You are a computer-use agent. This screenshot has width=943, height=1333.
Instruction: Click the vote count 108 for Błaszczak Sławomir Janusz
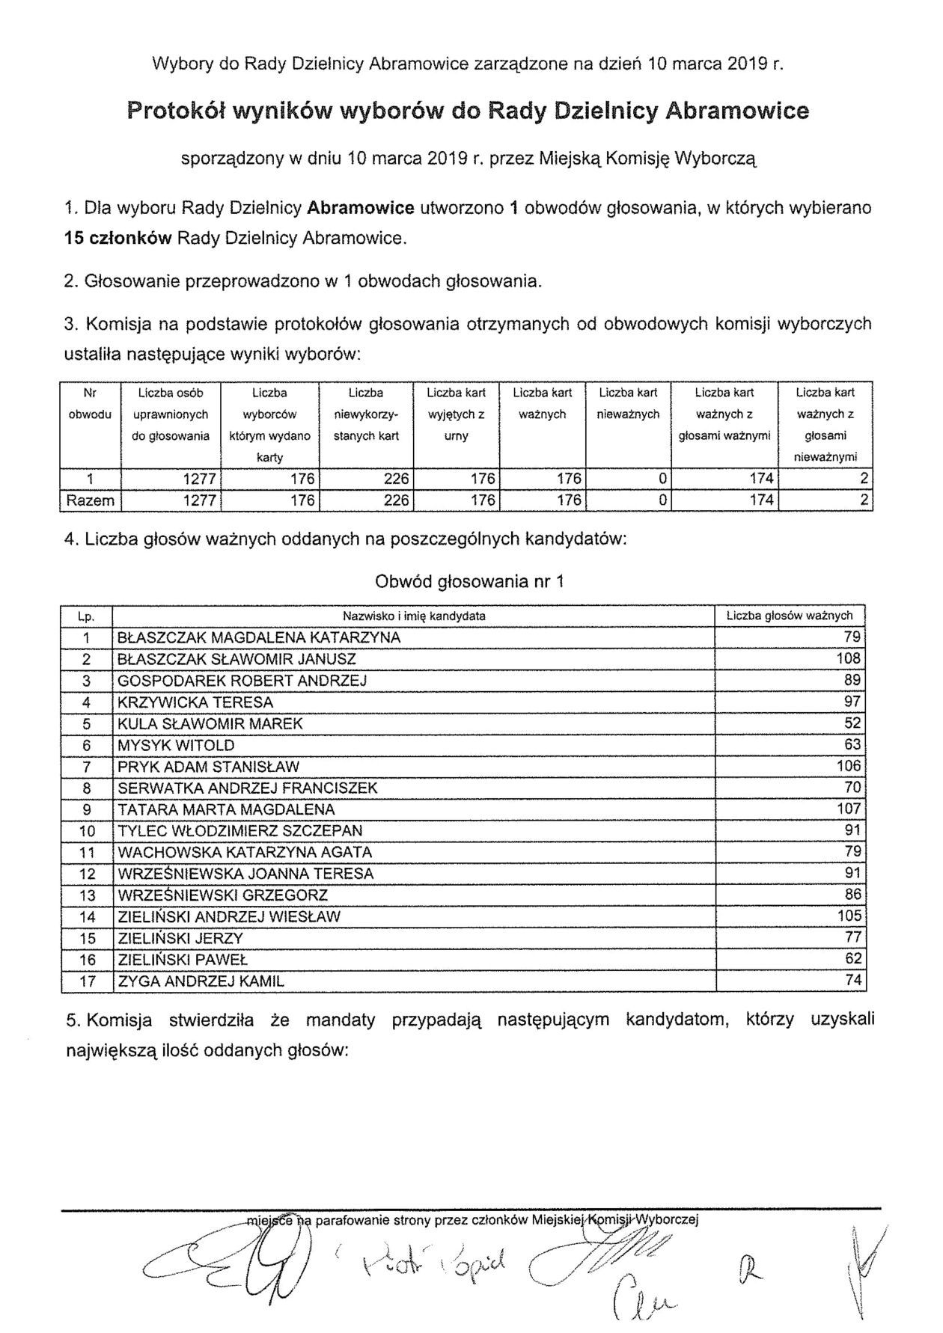848,659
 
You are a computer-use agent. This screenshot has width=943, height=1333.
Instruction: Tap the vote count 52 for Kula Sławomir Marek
852,723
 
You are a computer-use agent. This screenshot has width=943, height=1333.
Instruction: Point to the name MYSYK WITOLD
176,745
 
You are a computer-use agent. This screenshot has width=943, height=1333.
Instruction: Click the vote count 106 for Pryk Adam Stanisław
848,766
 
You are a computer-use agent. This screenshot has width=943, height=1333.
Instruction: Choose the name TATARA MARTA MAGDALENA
226,809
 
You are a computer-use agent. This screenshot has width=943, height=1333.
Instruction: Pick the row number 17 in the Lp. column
87,981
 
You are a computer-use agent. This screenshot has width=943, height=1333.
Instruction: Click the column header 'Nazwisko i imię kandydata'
414,616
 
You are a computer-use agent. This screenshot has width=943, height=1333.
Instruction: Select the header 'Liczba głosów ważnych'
790,616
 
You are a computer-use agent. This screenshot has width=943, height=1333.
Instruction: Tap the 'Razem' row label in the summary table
90,501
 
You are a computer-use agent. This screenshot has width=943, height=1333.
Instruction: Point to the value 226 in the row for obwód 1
396,479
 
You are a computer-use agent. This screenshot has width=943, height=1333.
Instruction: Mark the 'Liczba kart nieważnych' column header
628,403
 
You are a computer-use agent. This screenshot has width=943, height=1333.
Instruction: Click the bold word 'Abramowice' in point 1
361,208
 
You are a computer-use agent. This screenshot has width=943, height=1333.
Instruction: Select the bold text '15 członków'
118,239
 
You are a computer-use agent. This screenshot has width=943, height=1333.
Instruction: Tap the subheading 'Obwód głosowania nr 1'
469,581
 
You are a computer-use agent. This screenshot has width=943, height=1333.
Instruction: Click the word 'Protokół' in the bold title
175,111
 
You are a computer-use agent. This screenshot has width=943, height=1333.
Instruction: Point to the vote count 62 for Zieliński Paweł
852,959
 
